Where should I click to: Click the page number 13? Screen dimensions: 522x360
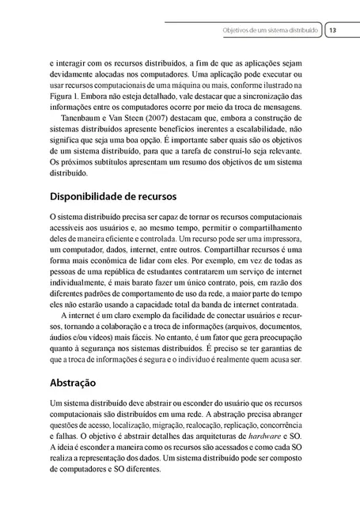(x=332, y=29)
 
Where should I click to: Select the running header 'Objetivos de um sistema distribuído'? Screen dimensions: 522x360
(x=271, y=29)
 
